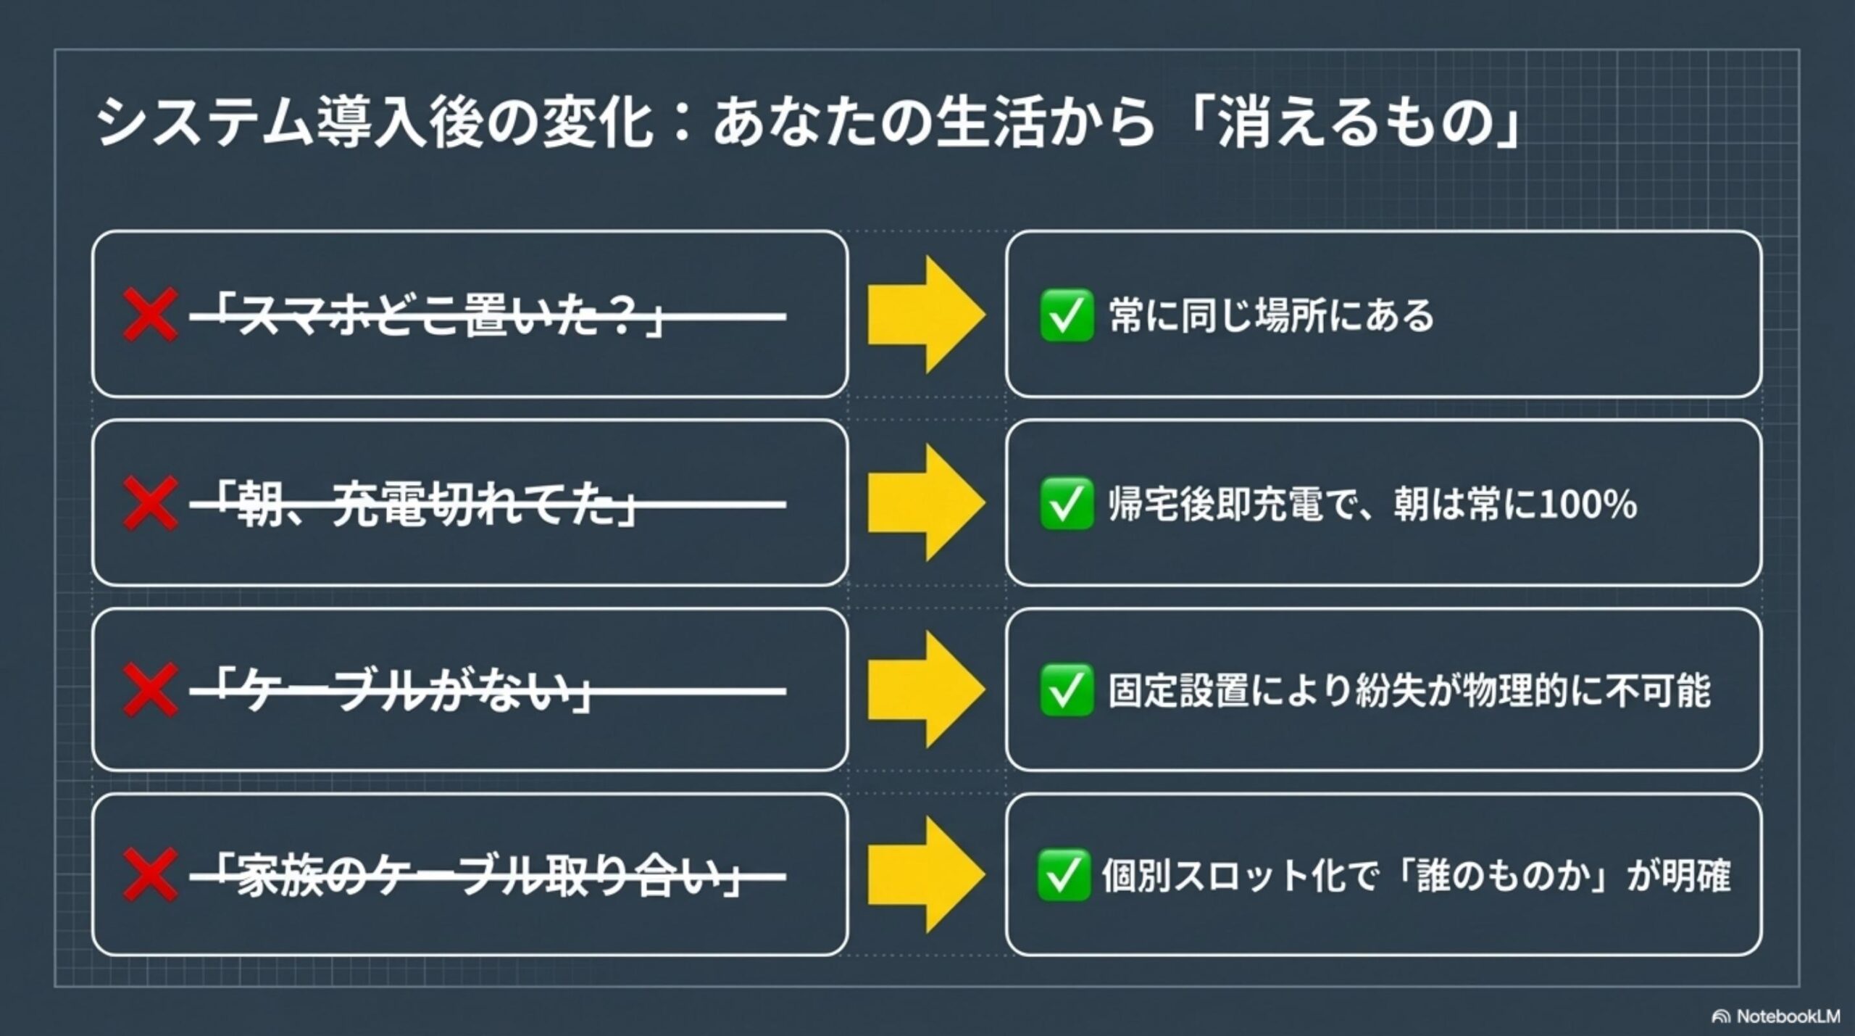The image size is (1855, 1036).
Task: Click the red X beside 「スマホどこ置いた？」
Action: coord(150,315)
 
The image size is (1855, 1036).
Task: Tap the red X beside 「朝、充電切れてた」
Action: coord(150,503)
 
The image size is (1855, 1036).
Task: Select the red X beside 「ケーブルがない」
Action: coord(150,689)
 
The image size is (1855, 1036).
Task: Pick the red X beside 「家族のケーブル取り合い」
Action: coord(150,875)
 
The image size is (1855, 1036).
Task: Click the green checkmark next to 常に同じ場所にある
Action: coord(1067,315)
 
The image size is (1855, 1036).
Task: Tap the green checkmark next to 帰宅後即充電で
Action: coord(1067,503)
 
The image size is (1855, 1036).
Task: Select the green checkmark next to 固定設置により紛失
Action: coord(1067,689)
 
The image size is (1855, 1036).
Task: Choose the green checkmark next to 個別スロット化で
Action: coord(1064,875)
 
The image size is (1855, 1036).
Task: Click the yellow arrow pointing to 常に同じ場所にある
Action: coord(927,315)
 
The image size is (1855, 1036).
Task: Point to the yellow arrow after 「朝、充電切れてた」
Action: coord(927,503)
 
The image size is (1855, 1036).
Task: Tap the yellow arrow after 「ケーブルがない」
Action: coord(927,689)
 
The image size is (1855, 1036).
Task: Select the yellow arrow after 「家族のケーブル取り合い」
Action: coord(927,875)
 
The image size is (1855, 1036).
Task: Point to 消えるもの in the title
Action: coord(1355,123)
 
